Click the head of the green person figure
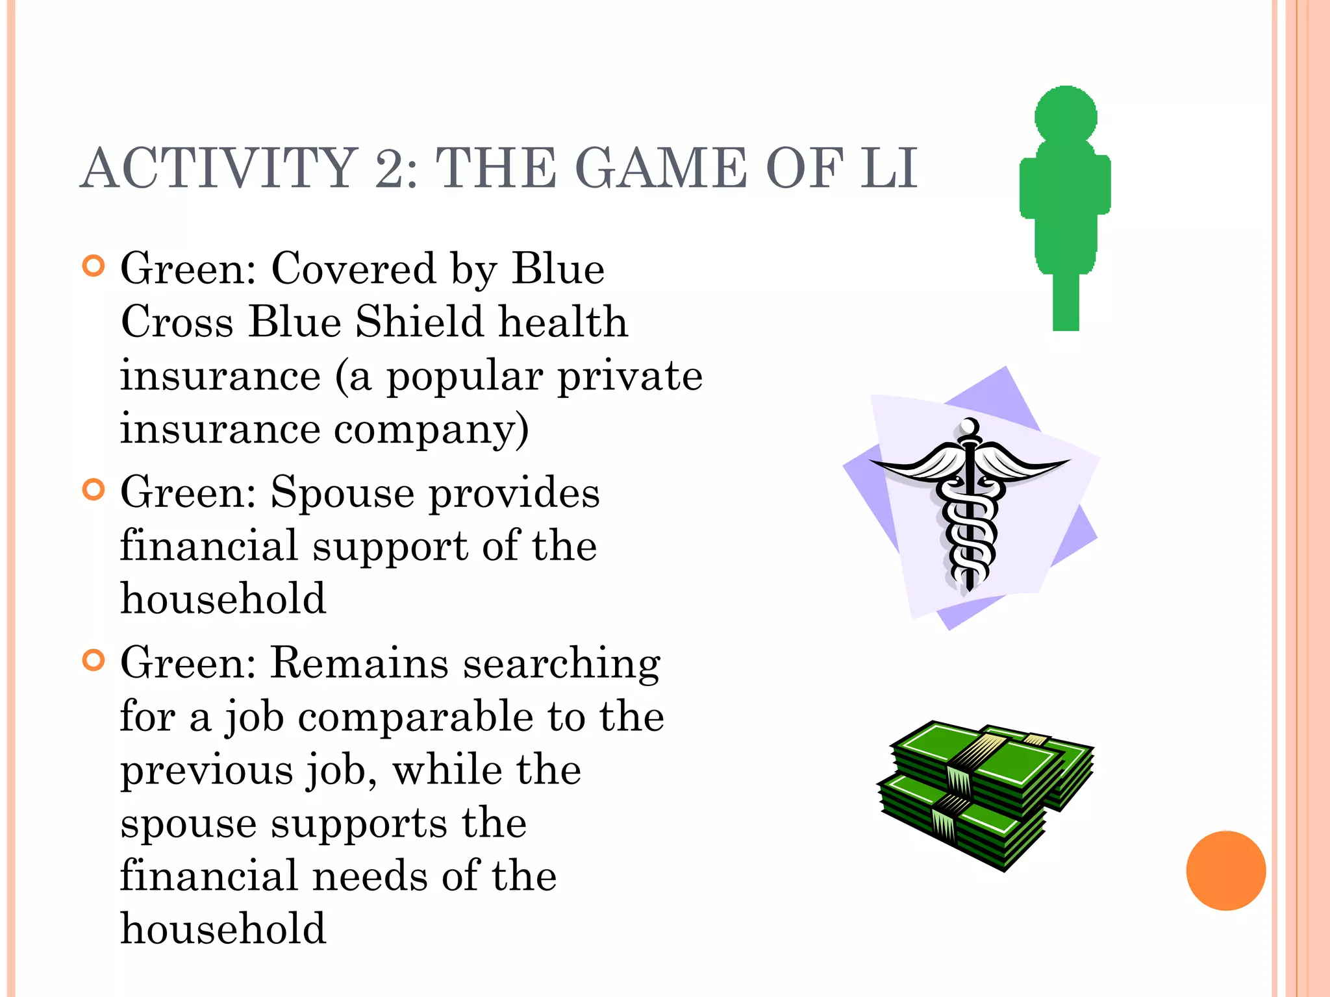[x=1066, y=115]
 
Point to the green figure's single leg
[x=1066, y=302]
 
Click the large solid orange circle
[x=1225, y=870]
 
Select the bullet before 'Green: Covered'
[x=94, y=265]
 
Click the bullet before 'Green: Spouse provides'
[x=94, y=489]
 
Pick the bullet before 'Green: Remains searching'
[x=94, y=660]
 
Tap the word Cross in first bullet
[x=177, y=322]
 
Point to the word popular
[x=464, y=376]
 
